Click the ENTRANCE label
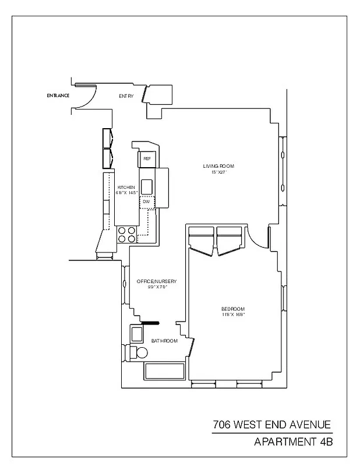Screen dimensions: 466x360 pos(58,96)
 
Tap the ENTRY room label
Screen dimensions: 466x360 pos(126,96)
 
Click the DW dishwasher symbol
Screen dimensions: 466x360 pos(146,202)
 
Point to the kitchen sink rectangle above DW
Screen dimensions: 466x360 pos(147,186)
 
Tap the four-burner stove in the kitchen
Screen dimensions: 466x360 pos(127,234)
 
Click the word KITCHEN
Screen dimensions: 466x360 pos(126,187)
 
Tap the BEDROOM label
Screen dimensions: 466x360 pos(233,309)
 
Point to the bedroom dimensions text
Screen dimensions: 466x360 pos(233,315)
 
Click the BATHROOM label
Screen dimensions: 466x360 pos(164,341)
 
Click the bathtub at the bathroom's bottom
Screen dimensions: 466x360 pos(164,371)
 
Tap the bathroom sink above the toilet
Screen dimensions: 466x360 pos(137,334)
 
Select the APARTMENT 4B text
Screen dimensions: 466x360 pos(293,442)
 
